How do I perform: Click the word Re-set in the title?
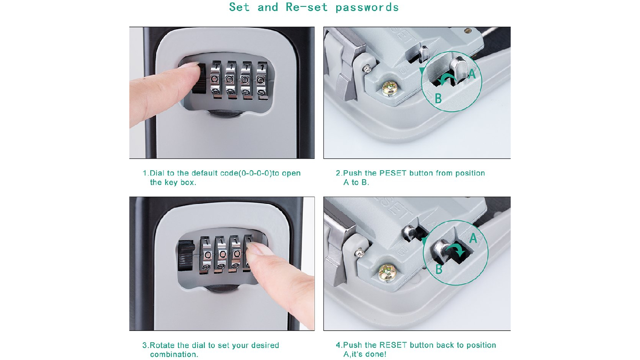[x=307, y=7]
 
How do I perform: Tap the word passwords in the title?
[x=367, y=8]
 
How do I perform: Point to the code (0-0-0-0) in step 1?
[x=255, y=173]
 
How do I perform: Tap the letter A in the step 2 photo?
[x=472, y=74]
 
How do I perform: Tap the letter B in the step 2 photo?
[x=438, y=99]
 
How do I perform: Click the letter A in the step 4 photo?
[x=473, y=238]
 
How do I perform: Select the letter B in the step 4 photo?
[x=439, y=269]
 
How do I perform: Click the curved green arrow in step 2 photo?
[x=448, y=77]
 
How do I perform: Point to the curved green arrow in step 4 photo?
[x=456, y=249]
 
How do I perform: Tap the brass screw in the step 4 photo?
[x=387, y=272]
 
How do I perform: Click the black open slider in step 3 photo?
[x=186, y=256]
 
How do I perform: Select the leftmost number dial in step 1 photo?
[x=216, y=80]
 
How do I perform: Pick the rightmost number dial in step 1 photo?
[x=262, y=81]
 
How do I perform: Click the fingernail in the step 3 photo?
[x=255, y=249]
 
